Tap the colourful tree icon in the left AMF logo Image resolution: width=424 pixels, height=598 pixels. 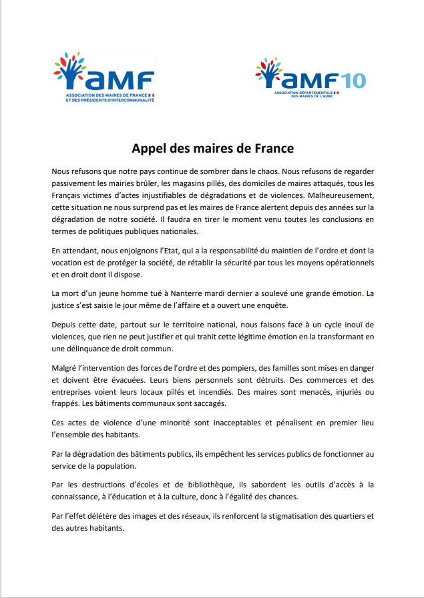68,69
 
